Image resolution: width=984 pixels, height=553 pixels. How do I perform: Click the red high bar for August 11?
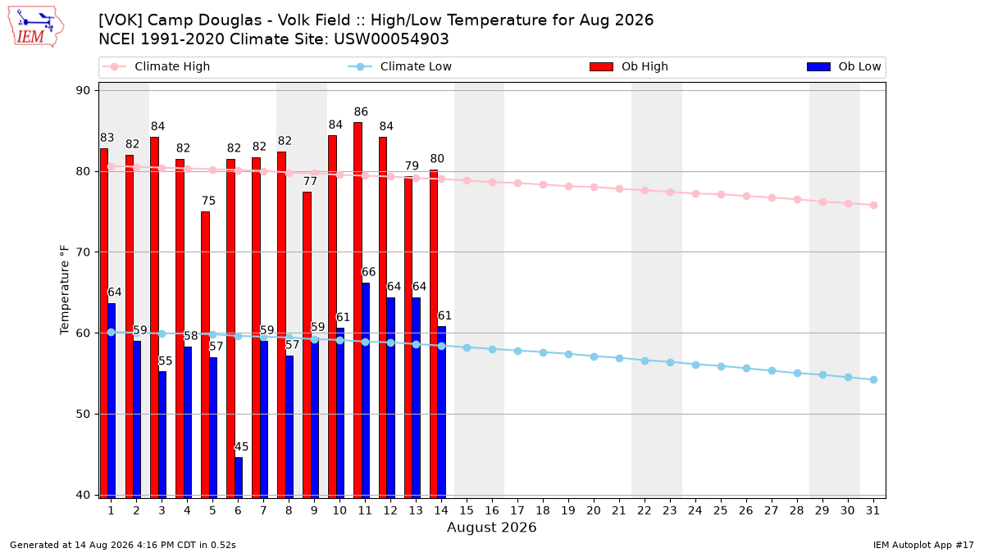358,310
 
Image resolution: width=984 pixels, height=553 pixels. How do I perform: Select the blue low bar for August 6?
239,478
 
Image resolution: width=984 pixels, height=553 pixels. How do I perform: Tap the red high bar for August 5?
205,355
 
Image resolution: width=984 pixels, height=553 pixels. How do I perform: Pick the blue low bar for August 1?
112,401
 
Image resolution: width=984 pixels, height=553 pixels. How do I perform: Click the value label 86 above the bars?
361,112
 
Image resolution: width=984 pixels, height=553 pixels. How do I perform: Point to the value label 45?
241,446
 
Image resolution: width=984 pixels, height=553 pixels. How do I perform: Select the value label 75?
208,201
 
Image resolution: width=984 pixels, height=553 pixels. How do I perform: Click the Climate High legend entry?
157,66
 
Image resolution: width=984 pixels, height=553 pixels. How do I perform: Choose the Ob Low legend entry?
844,66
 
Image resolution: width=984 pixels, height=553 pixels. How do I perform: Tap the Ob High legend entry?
629,66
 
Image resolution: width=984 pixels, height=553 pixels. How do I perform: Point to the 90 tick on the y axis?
83,90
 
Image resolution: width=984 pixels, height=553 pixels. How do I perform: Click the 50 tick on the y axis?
83,414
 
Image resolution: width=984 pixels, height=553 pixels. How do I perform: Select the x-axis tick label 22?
645,510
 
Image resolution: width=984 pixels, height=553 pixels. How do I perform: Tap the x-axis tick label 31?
872,510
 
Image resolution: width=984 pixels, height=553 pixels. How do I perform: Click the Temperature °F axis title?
65,290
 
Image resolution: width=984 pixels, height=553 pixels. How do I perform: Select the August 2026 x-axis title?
491,527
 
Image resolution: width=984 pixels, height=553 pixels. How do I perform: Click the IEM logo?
35,27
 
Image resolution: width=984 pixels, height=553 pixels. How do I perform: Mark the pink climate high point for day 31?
873,206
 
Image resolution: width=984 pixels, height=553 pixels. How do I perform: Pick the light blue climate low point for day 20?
594,357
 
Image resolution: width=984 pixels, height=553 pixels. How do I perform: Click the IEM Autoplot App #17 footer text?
923,545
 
